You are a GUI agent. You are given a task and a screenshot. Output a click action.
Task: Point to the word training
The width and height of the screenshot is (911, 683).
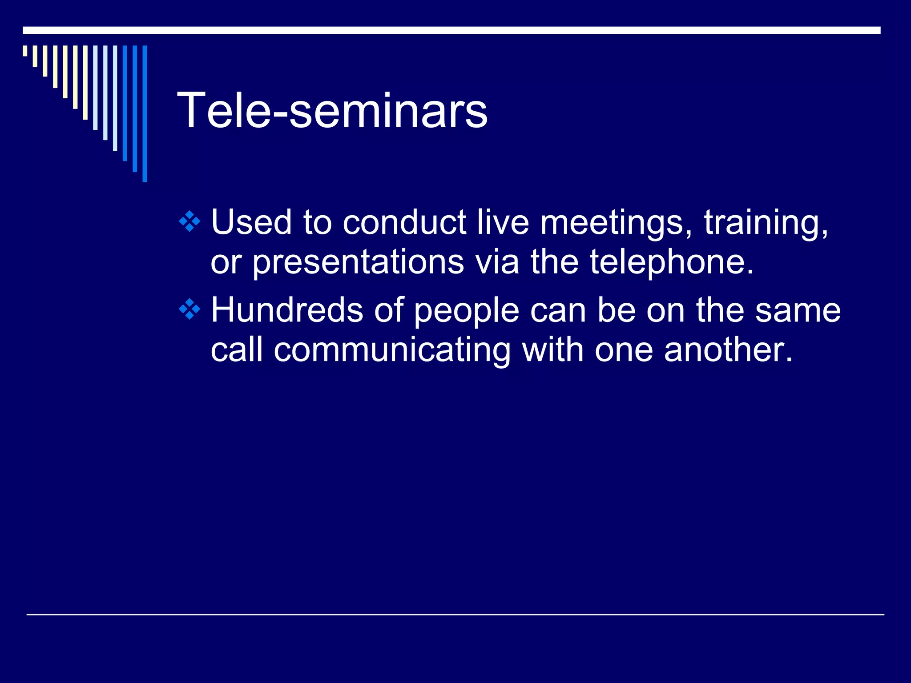(x=765, y=222)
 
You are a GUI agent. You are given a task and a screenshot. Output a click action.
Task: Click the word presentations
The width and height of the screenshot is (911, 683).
(x=358, y=262)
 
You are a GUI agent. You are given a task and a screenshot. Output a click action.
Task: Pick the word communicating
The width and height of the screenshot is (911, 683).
(x=392, y=350)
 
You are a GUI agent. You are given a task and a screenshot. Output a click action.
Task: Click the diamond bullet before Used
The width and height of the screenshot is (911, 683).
(x=189, y=221)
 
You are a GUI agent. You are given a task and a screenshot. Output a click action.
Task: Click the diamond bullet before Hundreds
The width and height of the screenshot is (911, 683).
(x=189, y=309)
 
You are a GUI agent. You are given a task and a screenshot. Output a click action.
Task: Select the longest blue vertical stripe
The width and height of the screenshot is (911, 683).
(x=145, y=113)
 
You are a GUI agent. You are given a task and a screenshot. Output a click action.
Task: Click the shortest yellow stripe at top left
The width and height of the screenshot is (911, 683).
(x=25, y=51)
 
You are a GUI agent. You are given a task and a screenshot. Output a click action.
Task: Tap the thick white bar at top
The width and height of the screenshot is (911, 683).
(x=451, y=30)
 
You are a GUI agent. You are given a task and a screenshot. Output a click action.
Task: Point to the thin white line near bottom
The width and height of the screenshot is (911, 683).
(x=455, y=615)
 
